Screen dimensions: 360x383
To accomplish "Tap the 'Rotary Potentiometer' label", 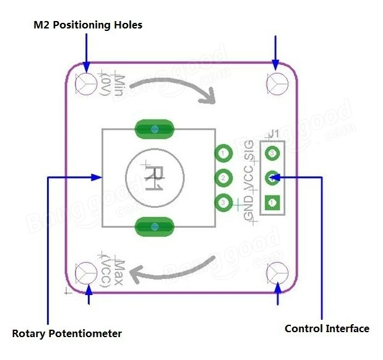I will point(67,333).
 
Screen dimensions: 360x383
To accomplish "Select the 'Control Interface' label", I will point(327,328).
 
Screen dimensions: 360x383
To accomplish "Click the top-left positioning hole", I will point(86,82).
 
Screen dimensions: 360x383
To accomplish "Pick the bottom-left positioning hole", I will point(86,272).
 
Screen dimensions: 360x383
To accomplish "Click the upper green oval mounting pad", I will point(153,129).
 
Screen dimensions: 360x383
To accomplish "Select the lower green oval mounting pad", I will point(153,227).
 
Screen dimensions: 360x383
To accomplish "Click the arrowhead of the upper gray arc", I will point(210,96).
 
